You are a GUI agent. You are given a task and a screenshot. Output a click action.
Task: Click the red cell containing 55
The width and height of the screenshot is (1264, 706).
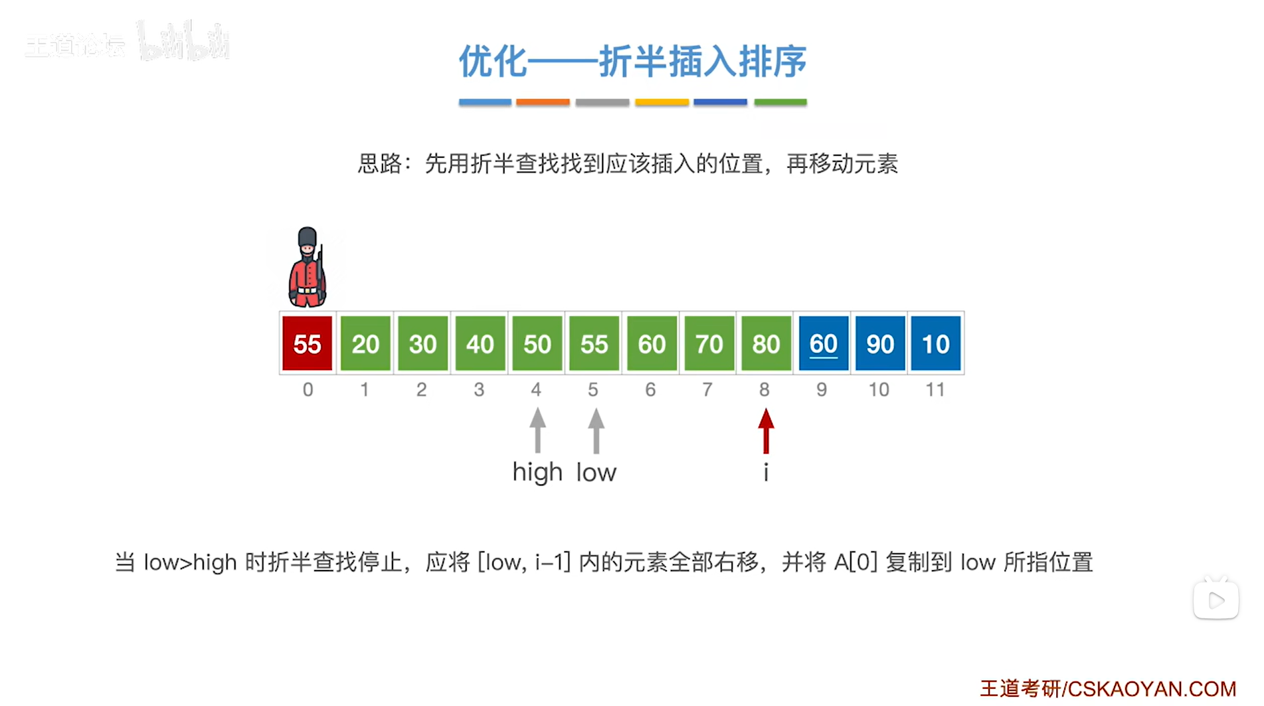307,343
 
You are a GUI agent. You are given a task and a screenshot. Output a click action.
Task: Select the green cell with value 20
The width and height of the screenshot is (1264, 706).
365,343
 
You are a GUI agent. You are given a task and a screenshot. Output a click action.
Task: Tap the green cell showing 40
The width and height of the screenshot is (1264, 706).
480,343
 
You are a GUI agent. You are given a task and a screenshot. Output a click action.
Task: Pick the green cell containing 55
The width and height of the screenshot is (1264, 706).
594,343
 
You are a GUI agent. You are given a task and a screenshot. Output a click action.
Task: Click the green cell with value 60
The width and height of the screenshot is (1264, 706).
651,343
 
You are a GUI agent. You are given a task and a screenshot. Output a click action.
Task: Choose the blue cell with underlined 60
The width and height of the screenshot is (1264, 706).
823,343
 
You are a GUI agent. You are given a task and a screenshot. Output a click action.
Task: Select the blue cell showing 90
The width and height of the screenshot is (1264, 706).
879,343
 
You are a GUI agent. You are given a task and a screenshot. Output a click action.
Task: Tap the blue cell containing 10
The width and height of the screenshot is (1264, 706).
935,343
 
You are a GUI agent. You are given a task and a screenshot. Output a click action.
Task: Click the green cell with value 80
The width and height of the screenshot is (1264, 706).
765,343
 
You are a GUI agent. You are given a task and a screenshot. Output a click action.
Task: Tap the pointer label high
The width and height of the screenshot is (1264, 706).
537,472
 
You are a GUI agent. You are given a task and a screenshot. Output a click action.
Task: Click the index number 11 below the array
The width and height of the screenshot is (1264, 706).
935,390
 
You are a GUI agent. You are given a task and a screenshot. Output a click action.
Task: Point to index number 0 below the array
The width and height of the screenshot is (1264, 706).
308,390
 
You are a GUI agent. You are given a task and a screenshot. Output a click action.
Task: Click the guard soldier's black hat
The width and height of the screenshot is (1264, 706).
307,236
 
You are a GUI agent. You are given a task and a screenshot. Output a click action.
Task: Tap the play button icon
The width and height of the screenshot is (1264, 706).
1216,600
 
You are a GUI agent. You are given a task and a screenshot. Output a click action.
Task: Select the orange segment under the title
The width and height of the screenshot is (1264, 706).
543,102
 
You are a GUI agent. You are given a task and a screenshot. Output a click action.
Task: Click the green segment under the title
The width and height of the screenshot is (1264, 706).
780,102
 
